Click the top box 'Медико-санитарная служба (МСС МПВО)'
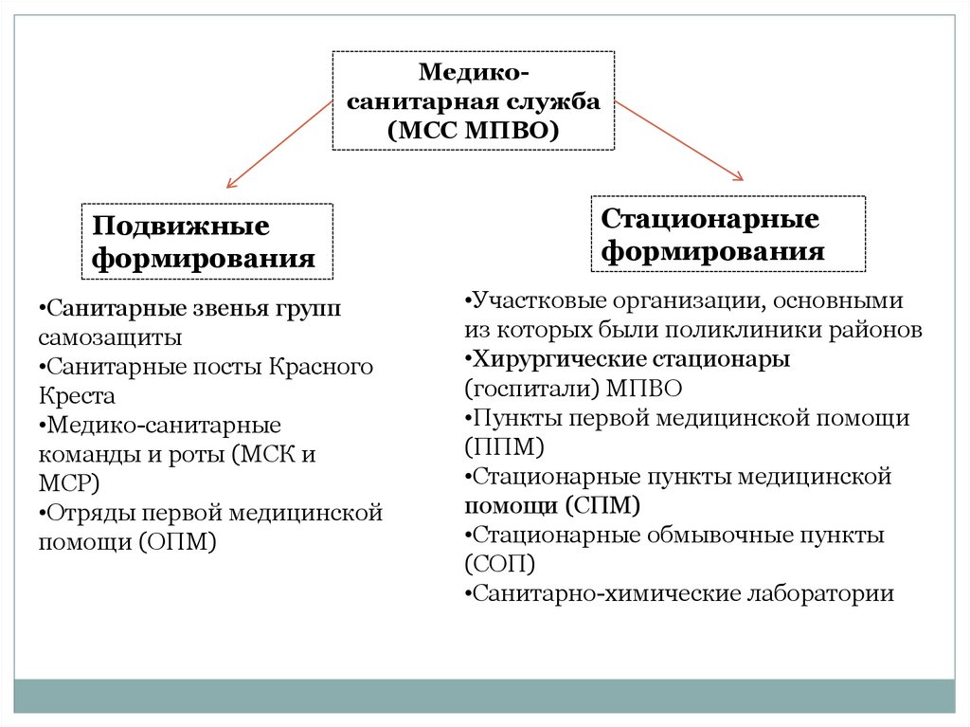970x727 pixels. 474,100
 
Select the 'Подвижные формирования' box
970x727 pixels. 207,241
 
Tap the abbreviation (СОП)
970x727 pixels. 500,564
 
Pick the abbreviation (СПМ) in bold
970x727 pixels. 603,504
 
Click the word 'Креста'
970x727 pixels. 77,395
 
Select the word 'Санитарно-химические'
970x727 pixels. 606,594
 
